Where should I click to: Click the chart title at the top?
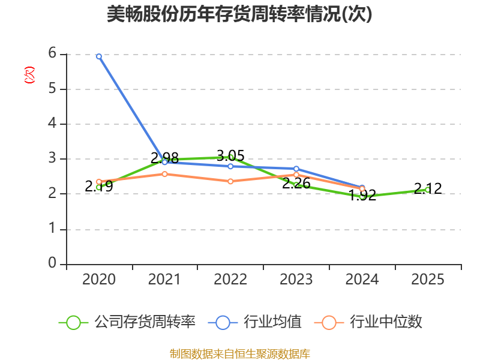(x=239, y=14)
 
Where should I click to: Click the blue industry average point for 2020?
(x=99, y=56)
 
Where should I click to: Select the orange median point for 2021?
(x=164, y=174)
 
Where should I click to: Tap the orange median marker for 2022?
(x=230, y=181)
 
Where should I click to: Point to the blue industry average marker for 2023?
(x=296, y=169)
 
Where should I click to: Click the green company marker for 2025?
(x=428, y=190)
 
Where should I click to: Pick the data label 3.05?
(x=230, y=155)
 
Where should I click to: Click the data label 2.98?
(x=164, y=158)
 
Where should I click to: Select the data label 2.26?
(x=296, y=183)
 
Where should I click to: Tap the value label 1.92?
(x=362, y=195)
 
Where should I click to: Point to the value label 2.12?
(x=428, y=188)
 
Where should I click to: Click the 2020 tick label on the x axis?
(x=99, y=279)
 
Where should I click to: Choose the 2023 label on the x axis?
(x=296, y=279)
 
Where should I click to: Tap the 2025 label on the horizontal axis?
(x=428, y=279)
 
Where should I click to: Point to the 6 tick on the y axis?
(x=52, y=53)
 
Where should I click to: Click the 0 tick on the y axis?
(x=52, y=263)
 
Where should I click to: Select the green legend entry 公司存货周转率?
(x=127, y=322)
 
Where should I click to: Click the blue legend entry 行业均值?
(x=254, y=322)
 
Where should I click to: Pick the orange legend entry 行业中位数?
(x=368, y=322)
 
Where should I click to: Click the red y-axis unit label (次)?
(x=29, y=75)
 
